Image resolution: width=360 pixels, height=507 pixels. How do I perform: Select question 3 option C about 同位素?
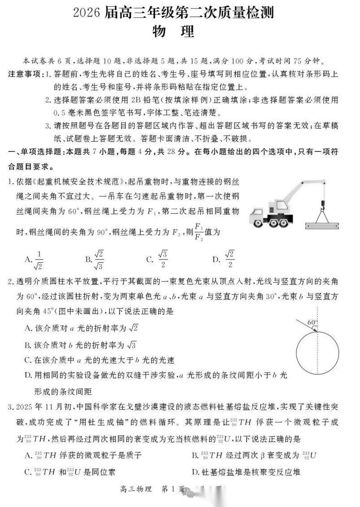click(x=72, y=471)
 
